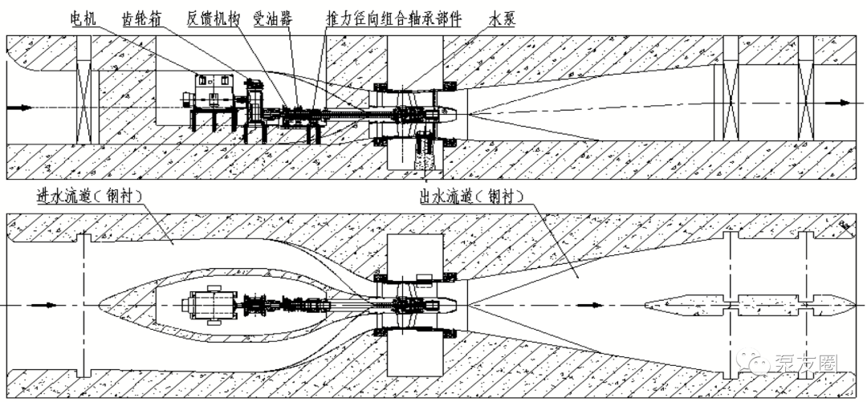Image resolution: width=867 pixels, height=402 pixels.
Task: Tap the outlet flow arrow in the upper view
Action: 840,104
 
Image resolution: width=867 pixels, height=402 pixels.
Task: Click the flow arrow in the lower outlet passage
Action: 591,305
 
